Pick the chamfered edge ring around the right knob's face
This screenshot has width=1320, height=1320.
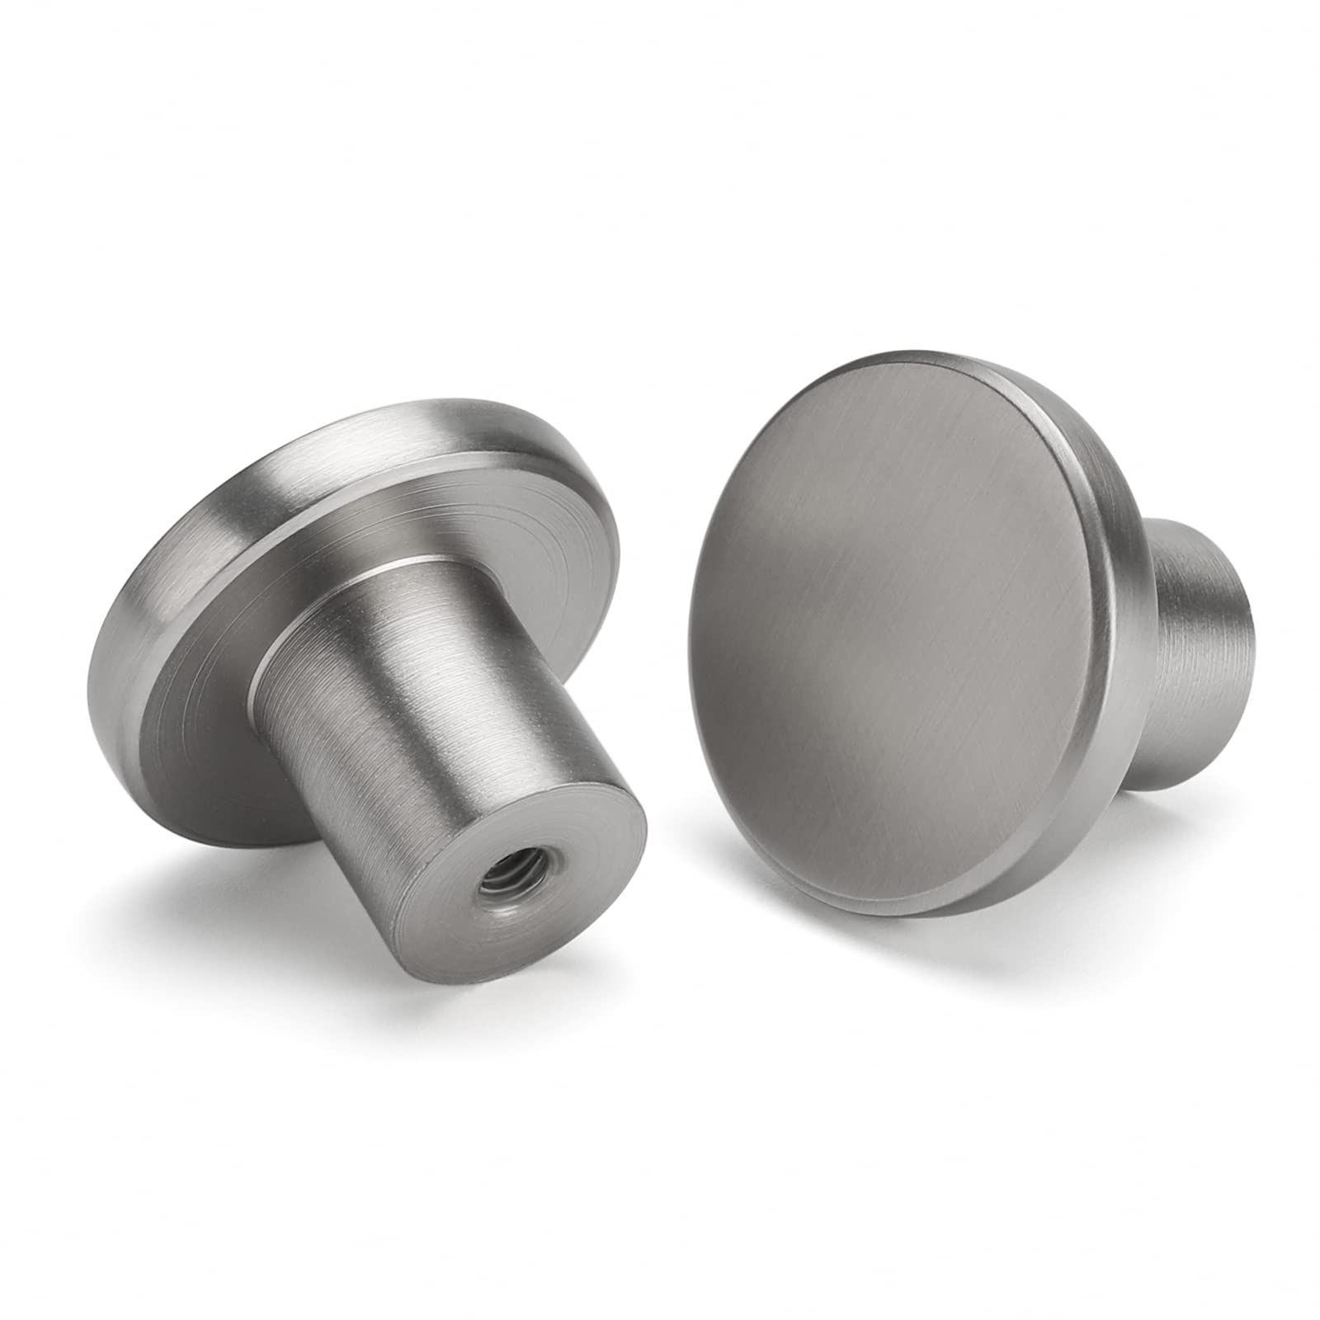point(1064,462)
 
